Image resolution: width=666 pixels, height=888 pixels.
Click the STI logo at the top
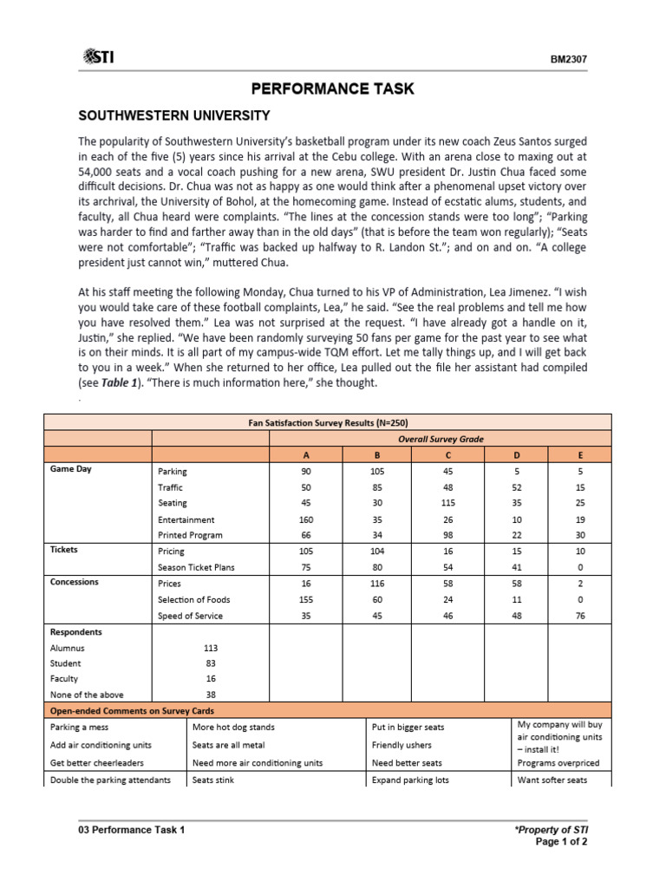click(x=98, y=57)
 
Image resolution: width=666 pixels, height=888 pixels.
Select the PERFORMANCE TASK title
click(x=332, y=88)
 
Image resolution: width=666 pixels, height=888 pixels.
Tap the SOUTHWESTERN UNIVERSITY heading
click(x=174, y=115)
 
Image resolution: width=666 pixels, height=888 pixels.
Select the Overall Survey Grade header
click(x=440, y=439)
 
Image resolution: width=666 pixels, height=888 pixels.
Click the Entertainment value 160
click(x=306, y=519)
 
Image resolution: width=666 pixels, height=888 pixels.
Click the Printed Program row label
click(x=190, y=535)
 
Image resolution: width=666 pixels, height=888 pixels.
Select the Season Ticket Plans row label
click(x=196, y=567)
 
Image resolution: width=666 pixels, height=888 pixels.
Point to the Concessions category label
click(x=75, y=582)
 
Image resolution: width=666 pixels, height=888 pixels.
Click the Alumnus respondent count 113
click(x=210, y=648)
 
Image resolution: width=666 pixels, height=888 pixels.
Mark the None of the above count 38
click(x=210, y=695)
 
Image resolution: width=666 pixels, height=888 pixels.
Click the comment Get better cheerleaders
click(x=97, y=762)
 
